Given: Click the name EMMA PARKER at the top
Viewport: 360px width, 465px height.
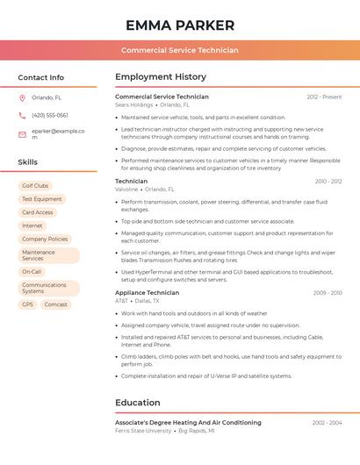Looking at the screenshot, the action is tap(180, 25).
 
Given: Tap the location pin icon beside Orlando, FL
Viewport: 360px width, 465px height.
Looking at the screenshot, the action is tap(22, 98).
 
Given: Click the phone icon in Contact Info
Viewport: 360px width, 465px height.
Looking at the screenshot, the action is tap(22, 115).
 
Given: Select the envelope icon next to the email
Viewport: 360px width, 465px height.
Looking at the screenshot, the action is tap(22, 134).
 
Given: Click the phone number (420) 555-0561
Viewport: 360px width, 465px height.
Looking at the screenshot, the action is tap(50, 115).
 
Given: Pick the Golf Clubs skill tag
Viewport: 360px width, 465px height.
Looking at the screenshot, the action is tap(35, 186).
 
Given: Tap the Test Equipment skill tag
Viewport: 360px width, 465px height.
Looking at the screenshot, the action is tap(42, 199).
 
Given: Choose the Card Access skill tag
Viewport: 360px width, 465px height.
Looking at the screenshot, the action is tap(38, 212).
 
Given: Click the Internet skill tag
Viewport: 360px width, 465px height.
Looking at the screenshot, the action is tap(32, 225).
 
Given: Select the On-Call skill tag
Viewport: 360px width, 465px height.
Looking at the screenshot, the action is tap(32, 272).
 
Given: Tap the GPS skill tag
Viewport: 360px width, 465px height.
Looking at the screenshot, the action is tap(28, 304).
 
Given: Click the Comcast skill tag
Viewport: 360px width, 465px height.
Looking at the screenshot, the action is tap(56, 304).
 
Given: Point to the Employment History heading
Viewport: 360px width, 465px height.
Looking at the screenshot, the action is tap(161, 77).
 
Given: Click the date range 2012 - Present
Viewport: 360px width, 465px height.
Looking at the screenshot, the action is tap(324, 97).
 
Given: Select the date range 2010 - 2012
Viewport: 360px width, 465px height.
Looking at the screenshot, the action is tap(328, 182).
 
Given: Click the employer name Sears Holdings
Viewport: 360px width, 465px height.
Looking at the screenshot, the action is tap(133, 104).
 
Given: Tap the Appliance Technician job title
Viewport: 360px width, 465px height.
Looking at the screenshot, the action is tap(147, 293).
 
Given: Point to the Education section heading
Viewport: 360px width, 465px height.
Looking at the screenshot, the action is tap(137, 403).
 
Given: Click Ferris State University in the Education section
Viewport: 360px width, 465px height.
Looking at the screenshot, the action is tap(143, 431).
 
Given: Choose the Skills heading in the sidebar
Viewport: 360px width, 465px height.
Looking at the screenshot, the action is tap(27, 162).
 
